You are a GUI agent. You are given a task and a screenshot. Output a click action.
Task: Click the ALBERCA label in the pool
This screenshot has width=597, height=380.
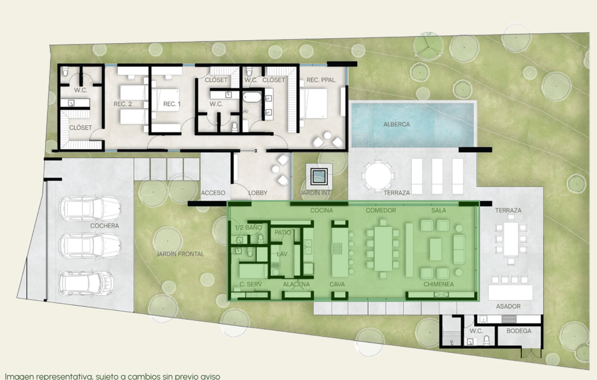tap(397, 124)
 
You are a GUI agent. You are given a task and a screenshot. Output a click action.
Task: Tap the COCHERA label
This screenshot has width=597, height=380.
tap(104, 226)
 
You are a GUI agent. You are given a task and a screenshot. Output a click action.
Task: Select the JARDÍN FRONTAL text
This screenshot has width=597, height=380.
tap(180, 254)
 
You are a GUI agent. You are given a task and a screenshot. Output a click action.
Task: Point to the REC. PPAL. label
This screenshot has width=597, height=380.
tap(321, 80)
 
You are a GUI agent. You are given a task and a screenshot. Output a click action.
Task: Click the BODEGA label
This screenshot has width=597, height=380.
tap(518, 331)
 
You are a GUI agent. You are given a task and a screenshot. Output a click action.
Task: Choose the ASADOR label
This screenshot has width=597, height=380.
tap(508, 306)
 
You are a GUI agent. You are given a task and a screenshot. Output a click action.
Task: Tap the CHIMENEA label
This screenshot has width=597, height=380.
tap(438, 285)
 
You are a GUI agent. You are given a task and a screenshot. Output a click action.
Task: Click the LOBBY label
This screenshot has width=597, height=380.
tap(258, 192)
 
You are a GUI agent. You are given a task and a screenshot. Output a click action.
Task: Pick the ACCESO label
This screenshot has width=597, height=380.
tap(213, 192)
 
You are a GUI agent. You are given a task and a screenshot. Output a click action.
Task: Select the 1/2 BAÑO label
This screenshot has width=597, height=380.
tap(248, 227)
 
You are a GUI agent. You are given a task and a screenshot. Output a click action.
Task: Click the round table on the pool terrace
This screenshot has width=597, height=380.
tap(378, 176)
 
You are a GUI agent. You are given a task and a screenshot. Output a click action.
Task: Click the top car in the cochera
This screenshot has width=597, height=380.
tap(90, 209)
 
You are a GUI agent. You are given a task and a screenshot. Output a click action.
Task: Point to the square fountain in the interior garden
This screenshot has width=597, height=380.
tap(319, 177)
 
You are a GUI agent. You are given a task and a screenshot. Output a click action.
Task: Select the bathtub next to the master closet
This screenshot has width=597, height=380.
tap(252, 97)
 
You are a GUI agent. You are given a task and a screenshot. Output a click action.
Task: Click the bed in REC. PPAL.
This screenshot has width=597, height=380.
tap(313, 103)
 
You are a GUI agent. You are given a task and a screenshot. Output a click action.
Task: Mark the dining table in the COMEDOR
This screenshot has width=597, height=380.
tap(383, 249)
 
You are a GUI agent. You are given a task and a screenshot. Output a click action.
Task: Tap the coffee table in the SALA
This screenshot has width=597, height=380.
tap(436, 249)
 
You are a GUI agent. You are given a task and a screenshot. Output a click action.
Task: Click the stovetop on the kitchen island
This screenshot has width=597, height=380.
tap(337, 249)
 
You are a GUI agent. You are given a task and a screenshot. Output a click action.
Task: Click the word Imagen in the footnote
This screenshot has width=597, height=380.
tap(19, 377)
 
